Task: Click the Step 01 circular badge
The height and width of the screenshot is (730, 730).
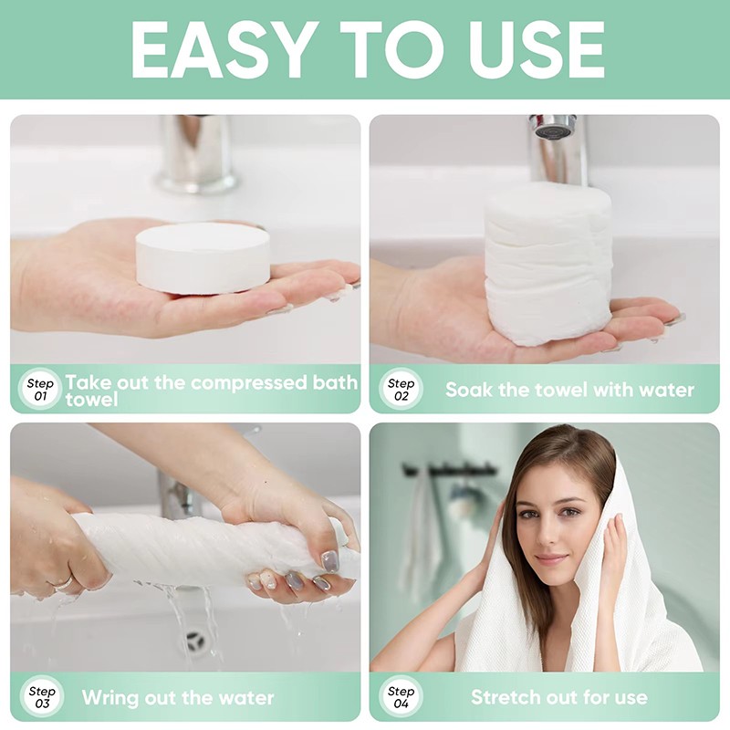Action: [40, 390]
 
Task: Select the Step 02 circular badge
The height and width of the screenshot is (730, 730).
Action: [400, 390]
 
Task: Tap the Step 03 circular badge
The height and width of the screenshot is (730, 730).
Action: [40, 697]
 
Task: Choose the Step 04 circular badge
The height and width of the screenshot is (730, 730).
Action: [400, 697]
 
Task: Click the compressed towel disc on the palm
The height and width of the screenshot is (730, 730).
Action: [203, 257]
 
